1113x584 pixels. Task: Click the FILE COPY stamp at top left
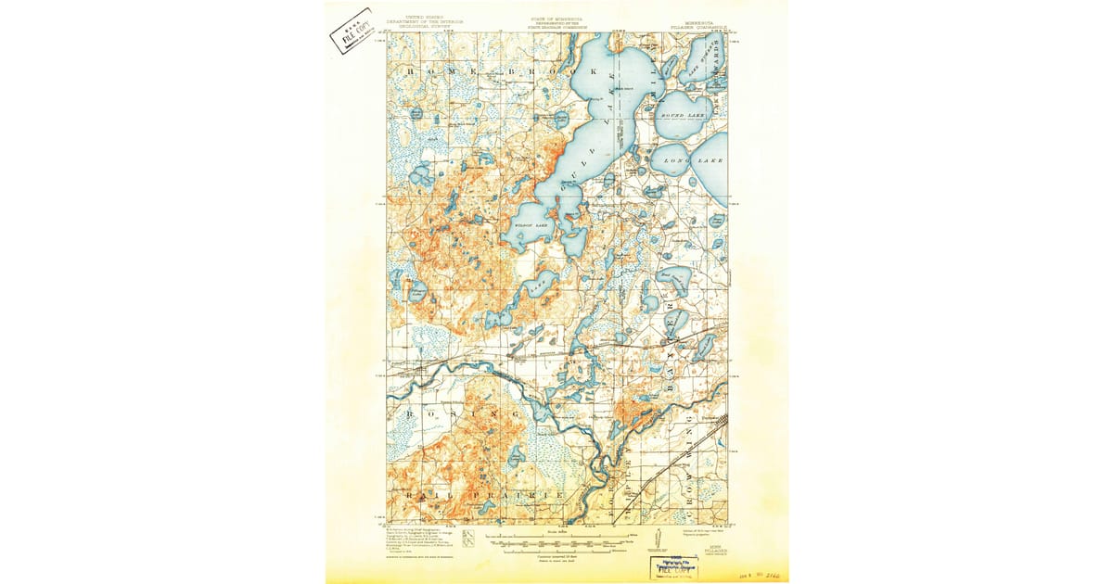[354, 31]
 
